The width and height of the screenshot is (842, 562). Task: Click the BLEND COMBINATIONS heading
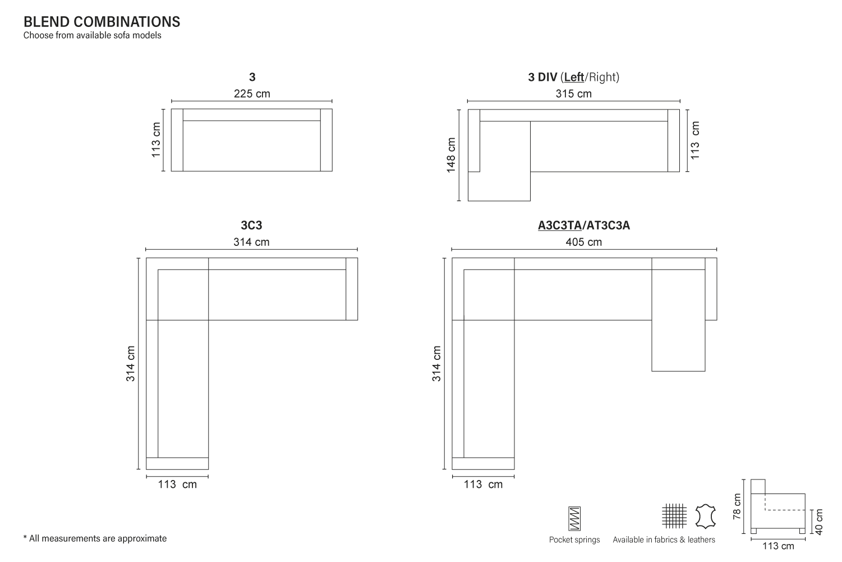tap(102, 22)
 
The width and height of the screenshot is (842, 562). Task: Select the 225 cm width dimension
tap(252, 94)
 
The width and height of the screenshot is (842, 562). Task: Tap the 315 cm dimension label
tap(574, 94)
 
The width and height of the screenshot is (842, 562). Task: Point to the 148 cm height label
tap(450, 155)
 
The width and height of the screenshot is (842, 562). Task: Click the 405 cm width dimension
tap(584, 242)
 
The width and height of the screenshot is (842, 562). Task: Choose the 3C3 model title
tap(251, 225)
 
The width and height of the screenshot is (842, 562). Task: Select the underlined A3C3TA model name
tap(560, 225)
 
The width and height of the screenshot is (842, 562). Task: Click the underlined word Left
tap(574, 77)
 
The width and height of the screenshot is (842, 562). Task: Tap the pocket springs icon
tap(574, 518)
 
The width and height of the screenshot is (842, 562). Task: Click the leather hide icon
tap(706, 516)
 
